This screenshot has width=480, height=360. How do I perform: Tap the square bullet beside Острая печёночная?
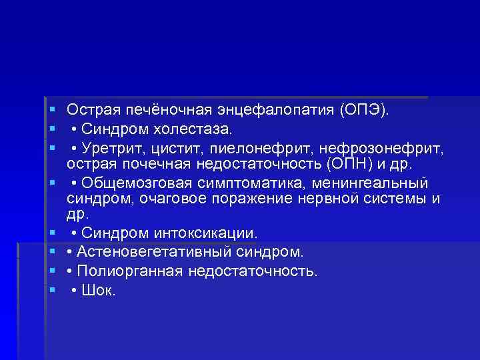point(51,109)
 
